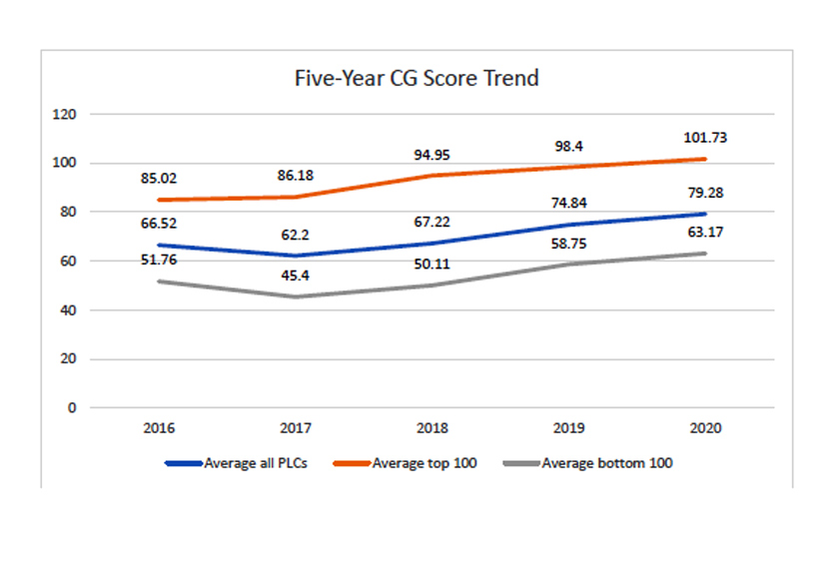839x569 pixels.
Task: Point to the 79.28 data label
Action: (x=705, y=193)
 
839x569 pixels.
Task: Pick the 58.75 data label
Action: (x=568, y=243)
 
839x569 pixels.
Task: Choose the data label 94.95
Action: (x=432, y=155)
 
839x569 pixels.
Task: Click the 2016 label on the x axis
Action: (x=159, y=427)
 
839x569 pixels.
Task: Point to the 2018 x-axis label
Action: (x=432, y=427)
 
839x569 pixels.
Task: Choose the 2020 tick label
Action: (x=705, y=427)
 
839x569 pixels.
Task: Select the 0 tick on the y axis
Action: (x=71, y=408)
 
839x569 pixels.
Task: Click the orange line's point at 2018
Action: (x=432, y=176)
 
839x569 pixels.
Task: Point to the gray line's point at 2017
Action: (x=296, y=296)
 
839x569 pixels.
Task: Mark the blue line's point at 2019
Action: (x=568, y=225)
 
